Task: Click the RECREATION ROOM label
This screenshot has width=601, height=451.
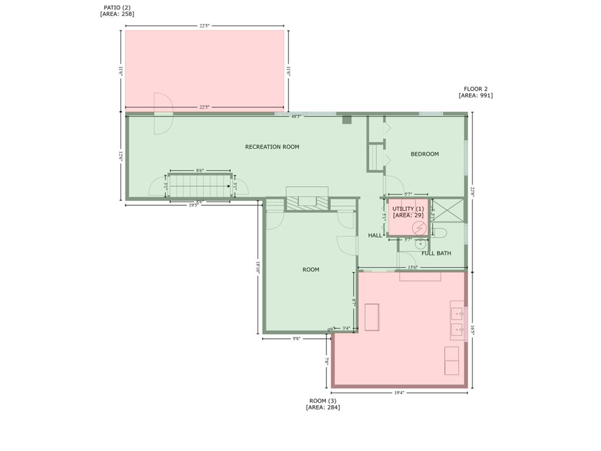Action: (272, 147)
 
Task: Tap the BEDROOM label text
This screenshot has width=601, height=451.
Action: (424, 154)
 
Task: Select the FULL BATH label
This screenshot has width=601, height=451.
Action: (436, 253)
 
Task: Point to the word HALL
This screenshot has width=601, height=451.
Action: (375, 235)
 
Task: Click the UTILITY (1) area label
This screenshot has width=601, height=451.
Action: (408, 212)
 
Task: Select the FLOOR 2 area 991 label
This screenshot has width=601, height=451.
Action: (475, 92)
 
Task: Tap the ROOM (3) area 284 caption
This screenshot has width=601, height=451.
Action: (323, 404)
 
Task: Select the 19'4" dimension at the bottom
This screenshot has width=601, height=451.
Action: (399, 392)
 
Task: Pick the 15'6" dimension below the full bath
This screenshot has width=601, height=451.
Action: (413, 268)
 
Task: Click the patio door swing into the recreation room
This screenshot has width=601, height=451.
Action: (163, 113)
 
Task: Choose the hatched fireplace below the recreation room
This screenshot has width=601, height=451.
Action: (307, 202)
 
